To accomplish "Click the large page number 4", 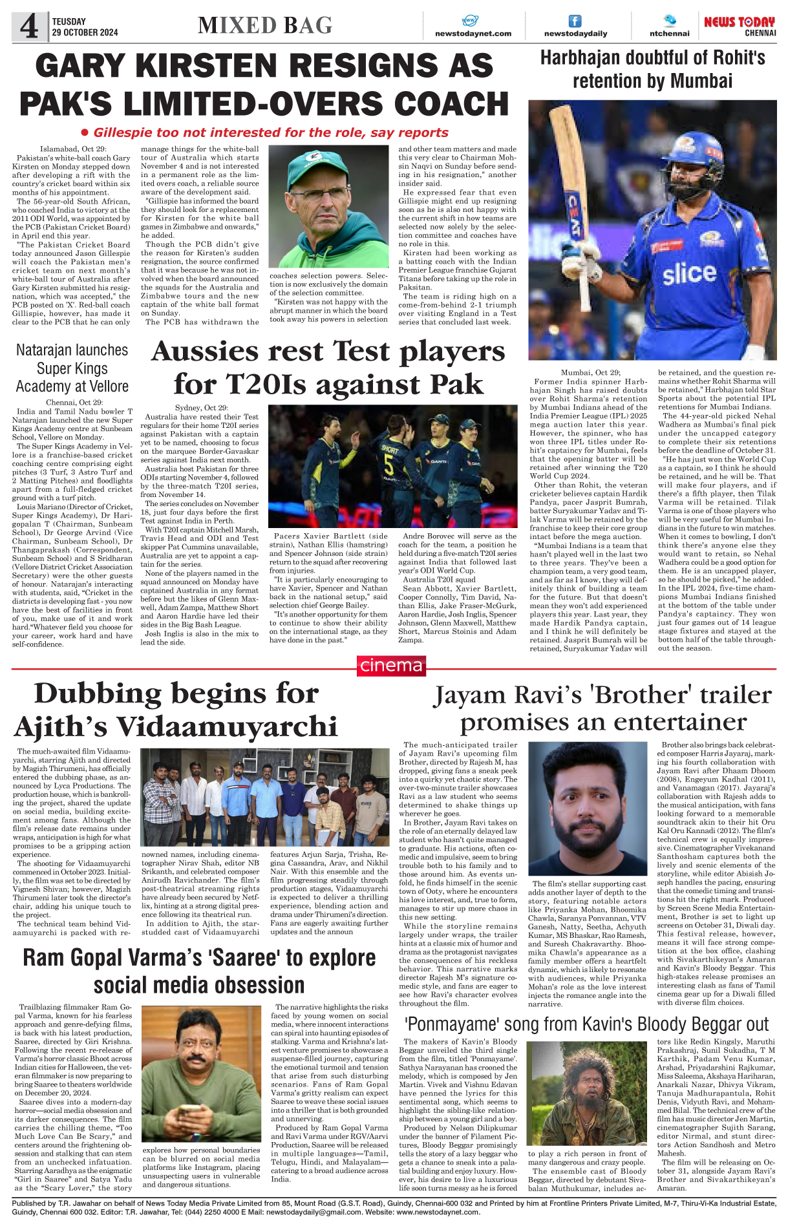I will click(29, 27).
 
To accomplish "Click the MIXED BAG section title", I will click(265, 25).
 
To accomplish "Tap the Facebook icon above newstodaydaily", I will click(575, 21).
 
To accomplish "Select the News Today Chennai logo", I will click(739, 26).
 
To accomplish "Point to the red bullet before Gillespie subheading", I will click(85, 132).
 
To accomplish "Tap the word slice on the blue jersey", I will click(688, 273).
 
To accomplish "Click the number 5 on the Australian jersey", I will click(389, 463).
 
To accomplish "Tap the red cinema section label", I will click(392, 666).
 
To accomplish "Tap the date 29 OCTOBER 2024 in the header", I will click(85, 32).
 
